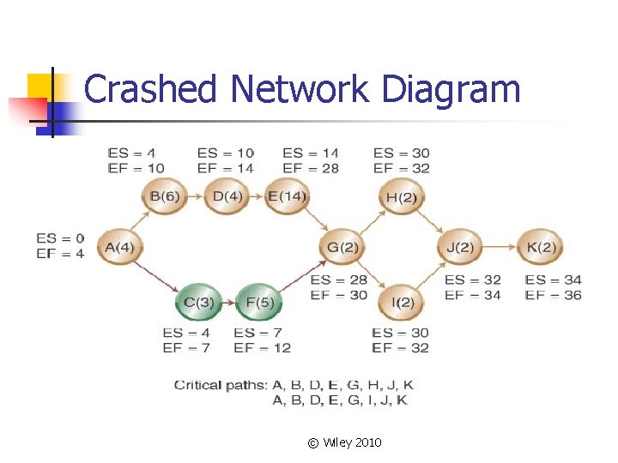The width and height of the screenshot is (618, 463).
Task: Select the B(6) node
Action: pyautogui.click(x=165, y=197)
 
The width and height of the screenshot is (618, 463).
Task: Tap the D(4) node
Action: pyautogui.click(x=227, y=197)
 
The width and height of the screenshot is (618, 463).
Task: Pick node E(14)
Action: pyautogui.click(x=287, y=197)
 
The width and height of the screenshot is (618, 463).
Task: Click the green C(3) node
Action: pyautogui.click(x=198, y=302)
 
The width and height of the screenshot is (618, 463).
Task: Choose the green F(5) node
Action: pyautogui.click(x=258, y=302)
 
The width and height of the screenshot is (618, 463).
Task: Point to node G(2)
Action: pyautogui.click(x=343, y=249)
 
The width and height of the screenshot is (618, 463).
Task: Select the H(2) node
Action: pyautogui.click(x=401, y=198)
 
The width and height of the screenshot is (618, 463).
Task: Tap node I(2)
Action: pyautogui.click(x=401, y=302)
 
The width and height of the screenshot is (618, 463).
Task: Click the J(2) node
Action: pyautogui.click(x=460, y=249)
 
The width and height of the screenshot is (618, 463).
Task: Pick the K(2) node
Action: pyautogui.click(x=541, y=249)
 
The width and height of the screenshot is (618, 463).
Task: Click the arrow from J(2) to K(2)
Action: pyautogui.click(x=500, y=249)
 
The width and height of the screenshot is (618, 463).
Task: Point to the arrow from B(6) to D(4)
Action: pyautogui.click(x=197, y=197)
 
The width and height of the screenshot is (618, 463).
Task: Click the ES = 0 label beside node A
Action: pyautogui.click(x=60, y=238)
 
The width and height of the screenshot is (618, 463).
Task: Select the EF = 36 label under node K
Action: pyautogui.click(x=554, y=295)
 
